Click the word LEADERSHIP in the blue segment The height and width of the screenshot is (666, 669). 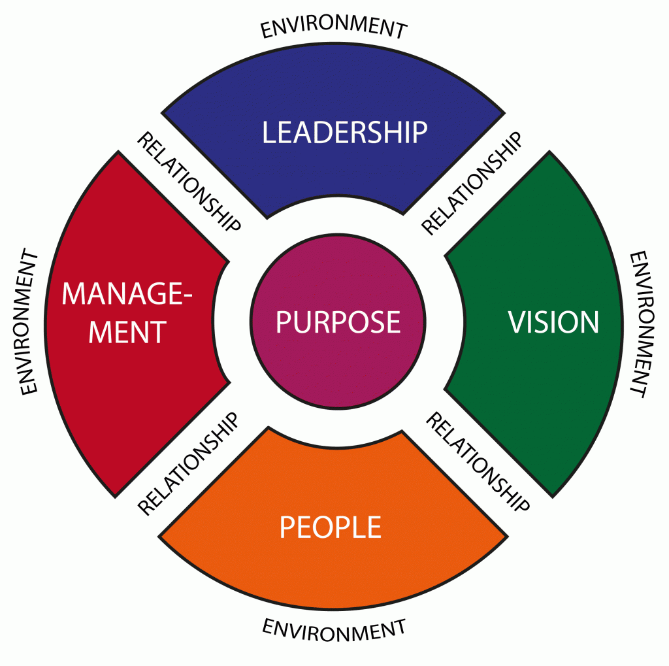click(x=344, y=132)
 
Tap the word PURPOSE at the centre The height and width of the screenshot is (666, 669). click(x=338, y=322)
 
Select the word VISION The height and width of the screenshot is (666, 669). click(x=553, y=322)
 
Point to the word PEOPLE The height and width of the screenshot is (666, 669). click(x=330, y=527)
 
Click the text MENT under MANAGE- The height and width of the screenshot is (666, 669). click(x=128, y=332)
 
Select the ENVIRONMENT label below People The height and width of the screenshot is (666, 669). click(x=334, y=629)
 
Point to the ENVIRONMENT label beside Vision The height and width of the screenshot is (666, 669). click(x=638, y=324)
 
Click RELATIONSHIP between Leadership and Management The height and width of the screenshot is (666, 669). click(x=189, y=182)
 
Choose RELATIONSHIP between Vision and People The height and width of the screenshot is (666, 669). click(x=477, y=461)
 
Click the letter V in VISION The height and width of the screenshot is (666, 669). click(x=517, y=322)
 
